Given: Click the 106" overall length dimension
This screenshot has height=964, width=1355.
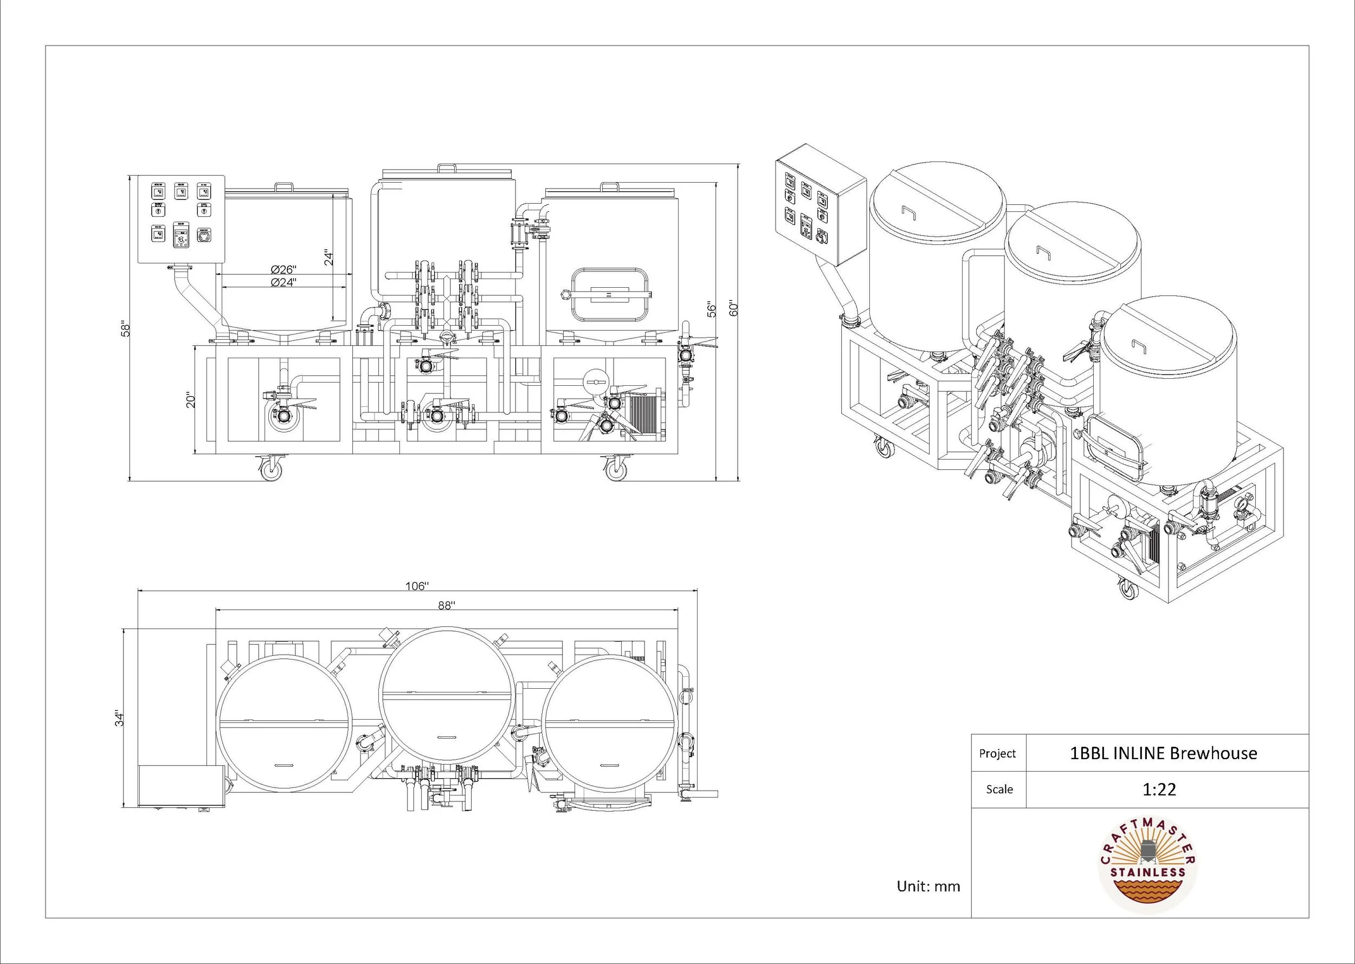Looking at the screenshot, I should click(416, 586).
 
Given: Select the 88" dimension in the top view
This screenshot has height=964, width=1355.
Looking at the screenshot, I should click(447, 605).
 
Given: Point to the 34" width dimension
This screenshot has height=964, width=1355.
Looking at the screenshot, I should click(120, 719).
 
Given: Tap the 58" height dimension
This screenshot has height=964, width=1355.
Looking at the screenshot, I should click(125, 329).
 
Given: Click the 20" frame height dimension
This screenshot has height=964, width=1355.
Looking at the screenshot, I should click(191, 399).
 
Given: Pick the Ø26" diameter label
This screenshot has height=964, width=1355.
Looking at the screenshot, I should click(284, 269).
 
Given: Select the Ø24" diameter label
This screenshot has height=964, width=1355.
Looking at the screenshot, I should click(284, 282).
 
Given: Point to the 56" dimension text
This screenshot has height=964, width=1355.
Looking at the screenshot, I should click(712, 309).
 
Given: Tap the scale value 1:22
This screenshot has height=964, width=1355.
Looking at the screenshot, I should click(1159, 790).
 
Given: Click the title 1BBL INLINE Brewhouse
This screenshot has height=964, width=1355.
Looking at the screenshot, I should click(1163, 753).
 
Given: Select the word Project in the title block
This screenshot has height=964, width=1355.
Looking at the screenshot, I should click(997, 753).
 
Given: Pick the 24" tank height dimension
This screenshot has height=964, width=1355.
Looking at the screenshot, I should click(328, 256).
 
